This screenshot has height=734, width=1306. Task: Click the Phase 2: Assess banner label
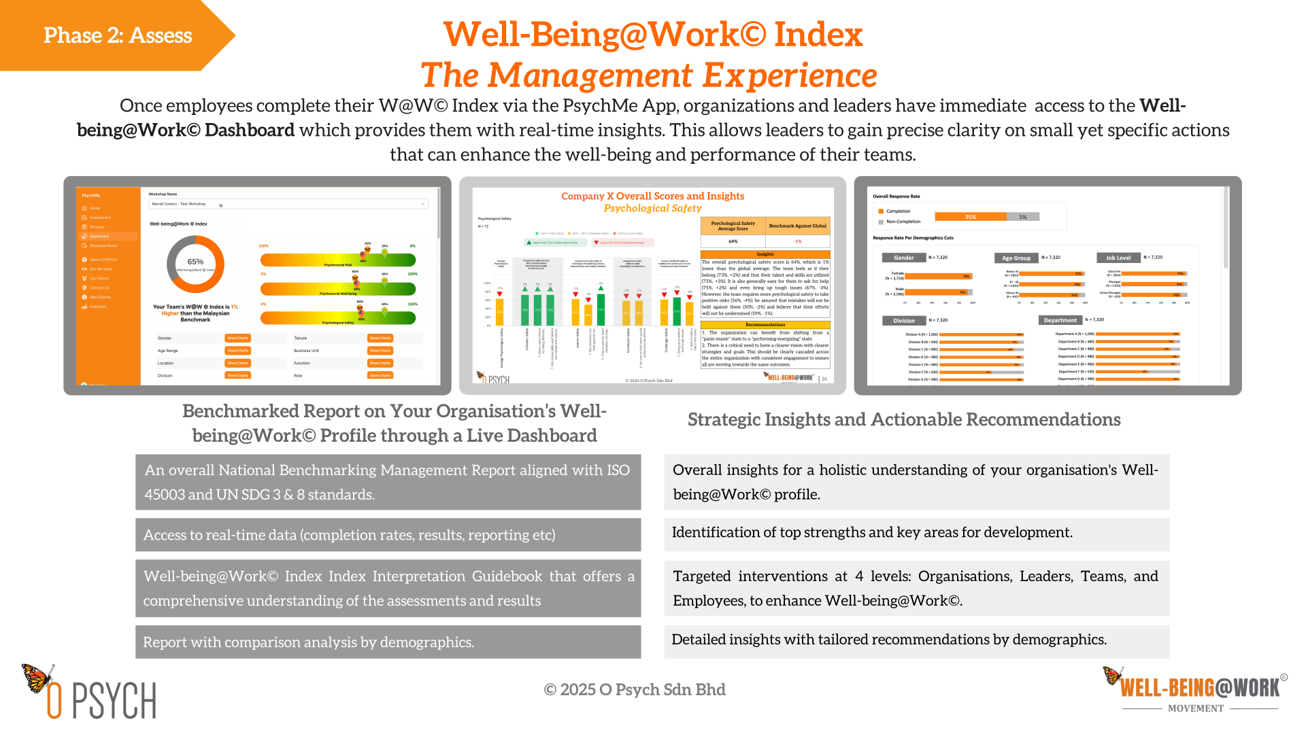(118, 35)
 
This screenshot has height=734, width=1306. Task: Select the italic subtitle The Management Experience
(648, 75)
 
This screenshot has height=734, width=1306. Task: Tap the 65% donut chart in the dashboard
(195, 263)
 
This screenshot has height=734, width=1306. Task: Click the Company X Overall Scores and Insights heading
(652, 196)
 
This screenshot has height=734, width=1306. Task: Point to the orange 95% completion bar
(970, 217)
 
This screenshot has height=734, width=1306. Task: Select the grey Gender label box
(904, 258)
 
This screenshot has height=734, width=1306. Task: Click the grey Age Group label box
(1016, 258)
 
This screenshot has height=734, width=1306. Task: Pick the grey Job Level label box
(1118, 258)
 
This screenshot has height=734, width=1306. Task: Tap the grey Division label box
(904, 320)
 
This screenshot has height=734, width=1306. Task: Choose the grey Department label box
(1060, 320)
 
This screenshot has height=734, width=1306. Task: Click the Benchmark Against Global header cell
(797, 226)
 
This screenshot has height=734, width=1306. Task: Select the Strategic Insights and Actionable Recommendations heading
(904, 419)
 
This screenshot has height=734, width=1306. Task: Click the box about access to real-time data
(388, 535)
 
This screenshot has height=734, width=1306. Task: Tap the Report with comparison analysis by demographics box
(388, 642)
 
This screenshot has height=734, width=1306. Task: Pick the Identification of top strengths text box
(916, 533)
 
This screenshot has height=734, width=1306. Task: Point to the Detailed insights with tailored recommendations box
(916, 640)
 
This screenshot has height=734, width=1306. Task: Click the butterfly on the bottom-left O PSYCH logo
(37, 678)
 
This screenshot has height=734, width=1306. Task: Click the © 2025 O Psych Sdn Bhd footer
(635, 690)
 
